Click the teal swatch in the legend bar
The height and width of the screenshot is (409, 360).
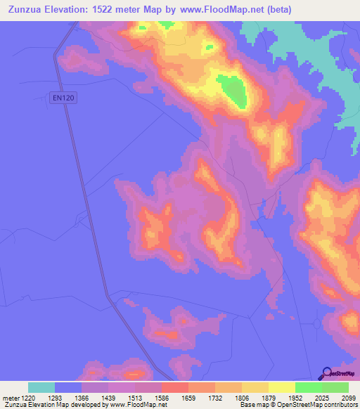(41, 387)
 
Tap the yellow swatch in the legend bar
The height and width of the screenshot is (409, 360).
(281, 387)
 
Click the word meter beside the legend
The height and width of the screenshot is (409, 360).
(11, 398)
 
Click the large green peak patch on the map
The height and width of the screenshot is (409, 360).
(233, 92)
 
